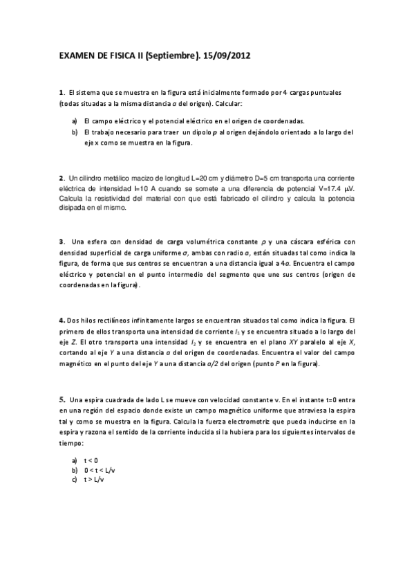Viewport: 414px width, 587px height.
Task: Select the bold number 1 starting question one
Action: [61, 93]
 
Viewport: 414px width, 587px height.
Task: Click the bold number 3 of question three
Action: [61, 242]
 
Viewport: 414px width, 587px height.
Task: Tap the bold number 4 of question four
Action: [61, 320]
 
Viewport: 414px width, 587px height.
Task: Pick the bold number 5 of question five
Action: [62, 399]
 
